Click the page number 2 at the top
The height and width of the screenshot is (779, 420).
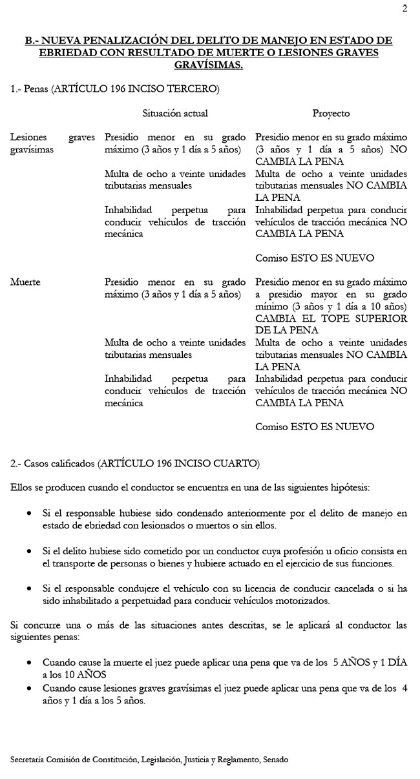click(x=404, y=8)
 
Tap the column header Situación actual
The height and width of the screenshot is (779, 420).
click(x=175, y=113)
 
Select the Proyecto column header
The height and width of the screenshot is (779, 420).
click(x=331, y=113)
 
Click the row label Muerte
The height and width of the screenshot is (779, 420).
click(x=25, y=282)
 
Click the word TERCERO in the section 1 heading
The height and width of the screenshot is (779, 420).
click(x=196, y=89)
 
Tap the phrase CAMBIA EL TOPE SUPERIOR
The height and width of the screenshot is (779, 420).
click(x=331, y=318)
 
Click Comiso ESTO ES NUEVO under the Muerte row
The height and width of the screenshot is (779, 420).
click(x=315, y=427)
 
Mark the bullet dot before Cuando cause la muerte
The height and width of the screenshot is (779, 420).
click(x=30, y=663)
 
